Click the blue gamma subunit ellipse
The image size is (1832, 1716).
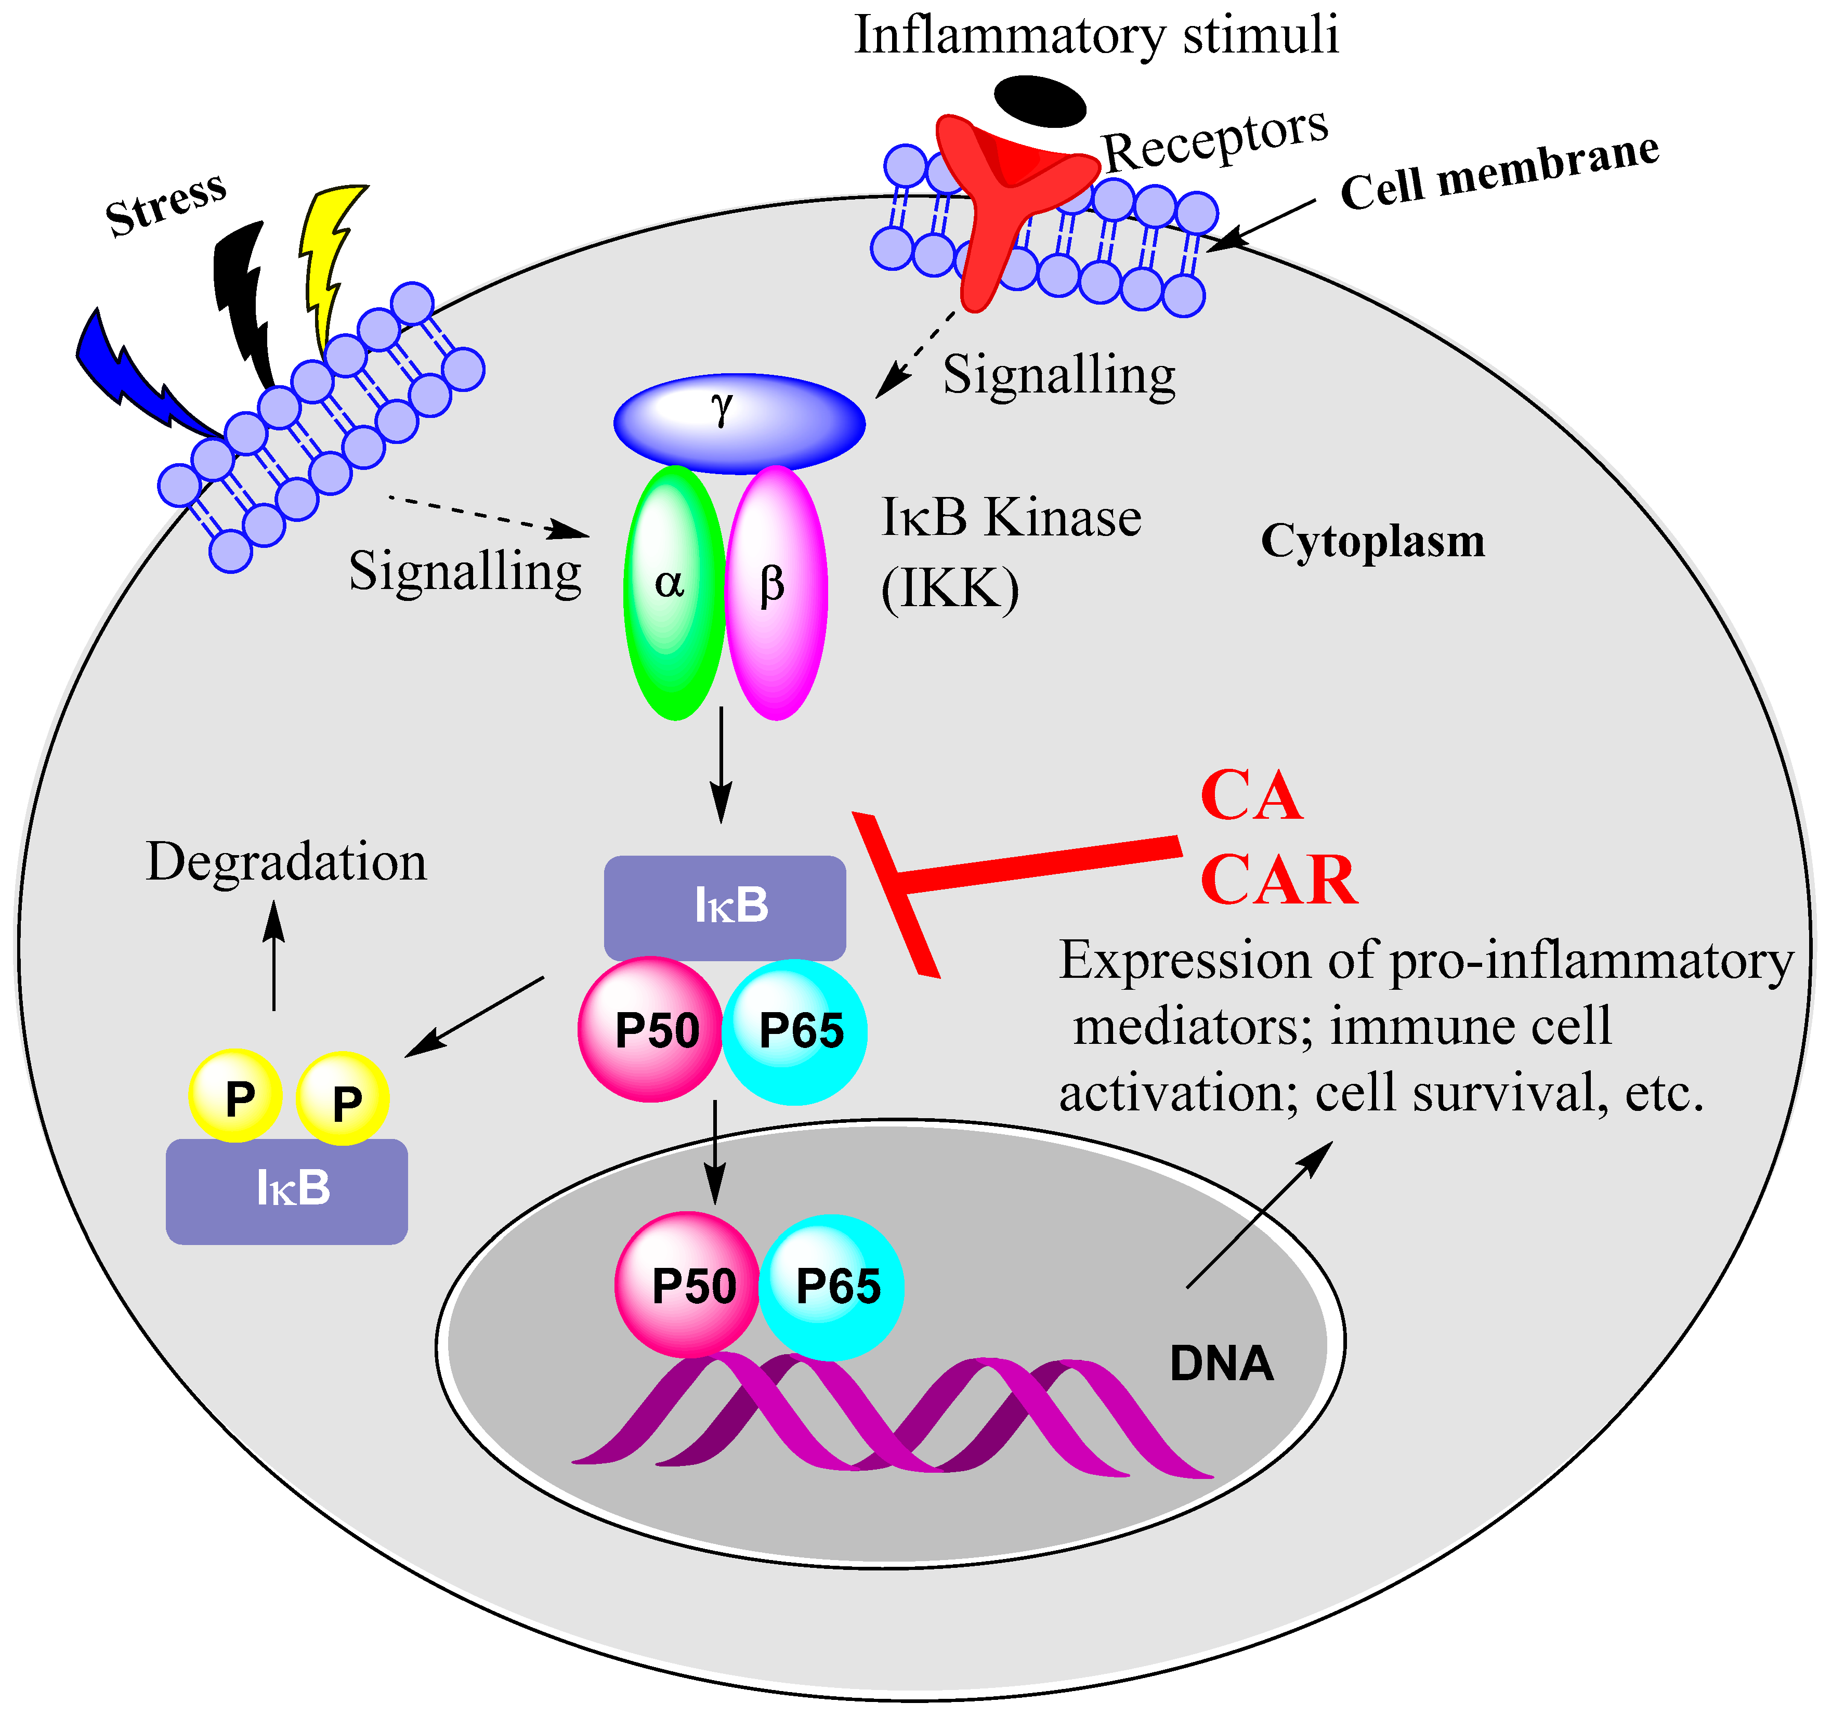click(739, 424)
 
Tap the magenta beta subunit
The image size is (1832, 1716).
click(776, 593)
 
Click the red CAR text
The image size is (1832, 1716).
click(1278, 880)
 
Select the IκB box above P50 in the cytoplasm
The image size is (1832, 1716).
click(724, 907)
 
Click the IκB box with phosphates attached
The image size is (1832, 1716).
click(286, 1190)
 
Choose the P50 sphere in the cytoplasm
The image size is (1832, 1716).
click(650, 1029)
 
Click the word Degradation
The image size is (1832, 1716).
click(286, 862)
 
